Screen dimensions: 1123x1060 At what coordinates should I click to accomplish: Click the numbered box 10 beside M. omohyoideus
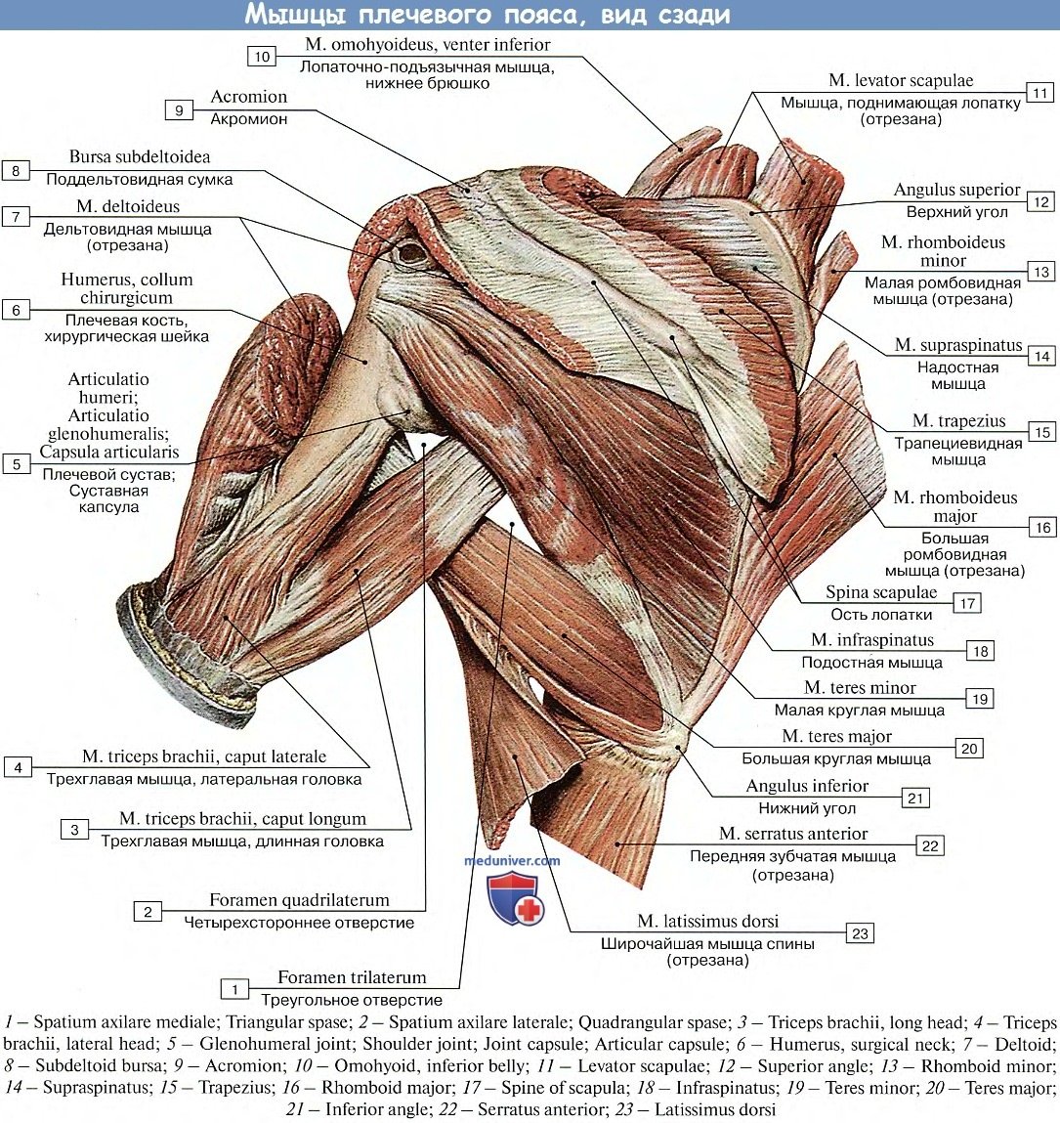pos(262,57)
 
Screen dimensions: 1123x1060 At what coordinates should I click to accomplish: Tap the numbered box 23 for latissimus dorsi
pos(860,933)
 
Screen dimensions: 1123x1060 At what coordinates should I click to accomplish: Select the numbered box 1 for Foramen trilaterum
pos(234,990)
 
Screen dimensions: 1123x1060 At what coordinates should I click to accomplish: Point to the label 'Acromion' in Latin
pos(249,97)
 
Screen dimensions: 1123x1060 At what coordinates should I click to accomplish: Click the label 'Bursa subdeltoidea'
pos(140,156)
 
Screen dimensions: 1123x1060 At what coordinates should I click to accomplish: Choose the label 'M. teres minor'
pos(860,687)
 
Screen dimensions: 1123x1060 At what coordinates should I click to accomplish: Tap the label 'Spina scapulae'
pos(881,592)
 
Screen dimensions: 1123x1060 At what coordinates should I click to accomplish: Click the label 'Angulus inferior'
pos(807,786)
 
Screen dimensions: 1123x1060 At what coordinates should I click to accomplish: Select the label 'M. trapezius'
pos(958,420)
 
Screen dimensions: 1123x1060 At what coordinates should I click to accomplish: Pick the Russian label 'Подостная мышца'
pos(872,663)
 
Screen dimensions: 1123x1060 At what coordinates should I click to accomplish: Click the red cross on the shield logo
pos(528,910)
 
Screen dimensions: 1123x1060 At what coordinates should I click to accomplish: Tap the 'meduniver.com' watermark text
pos(513,861)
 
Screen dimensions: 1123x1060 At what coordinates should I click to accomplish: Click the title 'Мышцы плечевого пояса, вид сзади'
pos(487,15)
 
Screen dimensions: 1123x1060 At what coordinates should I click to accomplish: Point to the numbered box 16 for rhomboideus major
pos(1042,528)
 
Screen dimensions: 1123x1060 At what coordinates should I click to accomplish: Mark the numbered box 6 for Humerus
pos(17,311)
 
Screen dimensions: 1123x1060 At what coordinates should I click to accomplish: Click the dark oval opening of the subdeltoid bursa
pos(412,254)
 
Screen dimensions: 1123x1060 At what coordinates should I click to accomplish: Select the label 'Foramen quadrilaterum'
pos(299,900)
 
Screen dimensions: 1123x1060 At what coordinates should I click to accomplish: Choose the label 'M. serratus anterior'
pos(793,834)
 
